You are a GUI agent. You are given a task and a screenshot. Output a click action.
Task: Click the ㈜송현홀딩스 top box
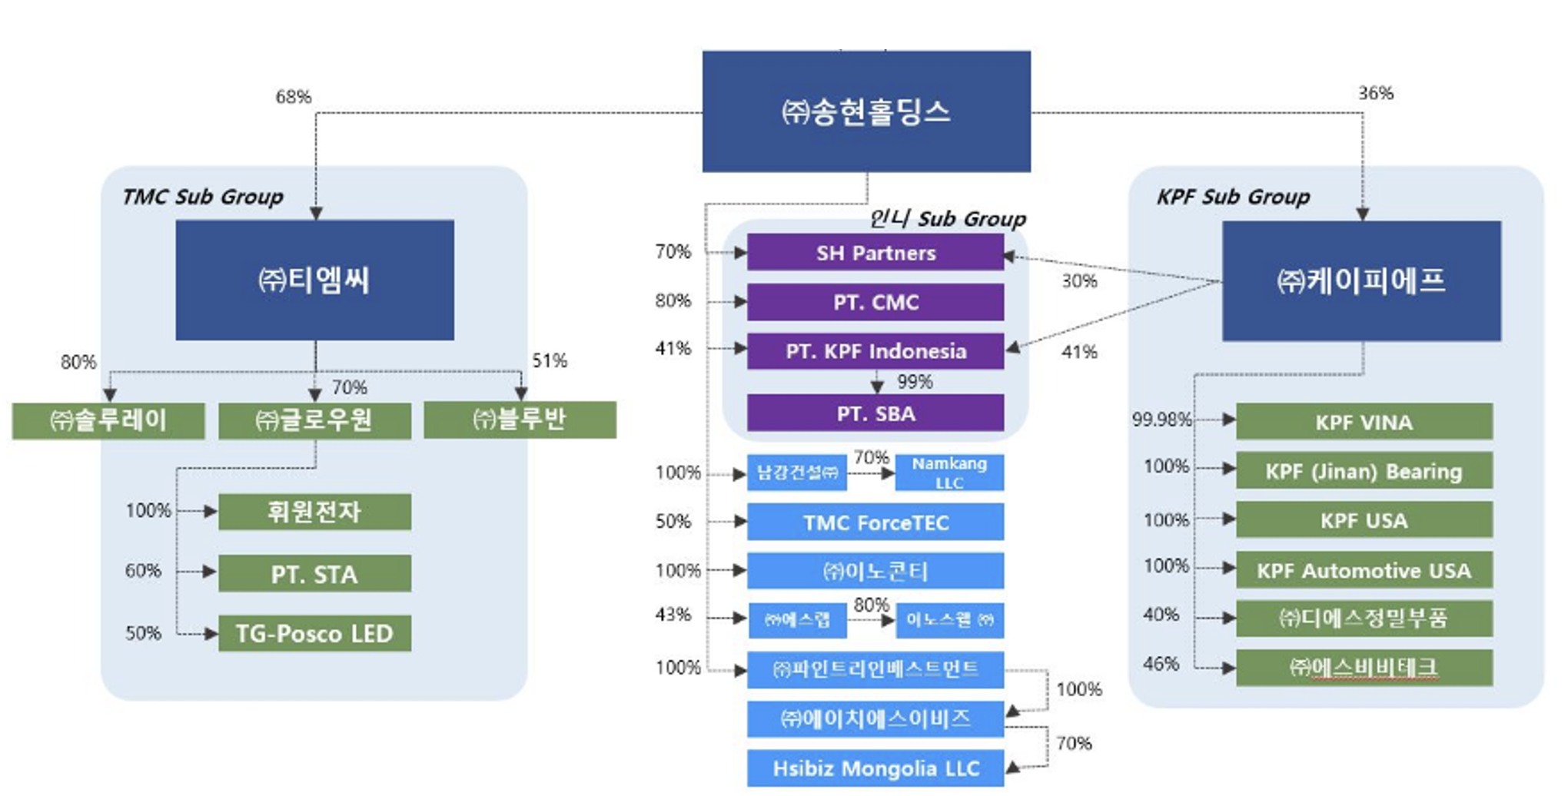point(866,111)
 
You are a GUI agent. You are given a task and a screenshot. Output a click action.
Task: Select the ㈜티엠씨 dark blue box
point(314,280)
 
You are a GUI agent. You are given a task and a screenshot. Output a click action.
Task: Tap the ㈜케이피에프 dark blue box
point(1361,281)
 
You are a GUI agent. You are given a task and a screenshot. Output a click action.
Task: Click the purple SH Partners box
point(875,253)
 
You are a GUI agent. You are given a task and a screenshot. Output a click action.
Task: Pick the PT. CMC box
point(875,302)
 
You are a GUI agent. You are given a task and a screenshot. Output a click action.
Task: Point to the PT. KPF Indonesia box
point(875,351)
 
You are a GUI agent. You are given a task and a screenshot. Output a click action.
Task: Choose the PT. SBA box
point(875,413)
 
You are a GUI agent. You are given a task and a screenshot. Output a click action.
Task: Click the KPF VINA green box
point(1364,422)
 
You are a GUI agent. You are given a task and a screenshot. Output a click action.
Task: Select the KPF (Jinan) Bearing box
point(1364,471)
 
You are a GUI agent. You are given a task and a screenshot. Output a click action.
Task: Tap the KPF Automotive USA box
point(1364,570)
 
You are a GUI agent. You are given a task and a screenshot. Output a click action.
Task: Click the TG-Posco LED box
point(314,633)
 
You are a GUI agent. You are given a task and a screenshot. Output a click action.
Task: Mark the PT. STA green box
point(314,574)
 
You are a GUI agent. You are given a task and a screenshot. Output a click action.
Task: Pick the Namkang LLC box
point(949,473)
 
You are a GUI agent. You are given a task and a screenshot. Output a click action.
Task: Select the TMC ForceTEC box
point(875,522)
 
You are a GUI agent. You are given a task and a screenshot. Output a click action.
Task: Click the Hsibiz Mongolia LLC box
point(875,768)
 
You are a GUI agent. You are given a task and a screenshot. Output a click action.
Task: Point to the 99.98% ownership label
point(1161,420)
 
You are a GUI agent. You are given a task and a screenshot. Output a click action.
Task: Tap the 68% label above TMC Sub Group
point(294,97)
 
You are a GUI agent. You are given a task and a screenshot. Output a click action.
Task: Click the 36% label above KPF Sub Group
point(1376,93)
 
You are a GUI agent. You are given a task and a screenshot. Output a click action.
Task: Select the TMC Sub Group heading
point(203,197)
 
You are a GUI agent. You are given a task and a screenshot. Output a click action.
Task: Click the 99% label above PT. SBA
point(915,382)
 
